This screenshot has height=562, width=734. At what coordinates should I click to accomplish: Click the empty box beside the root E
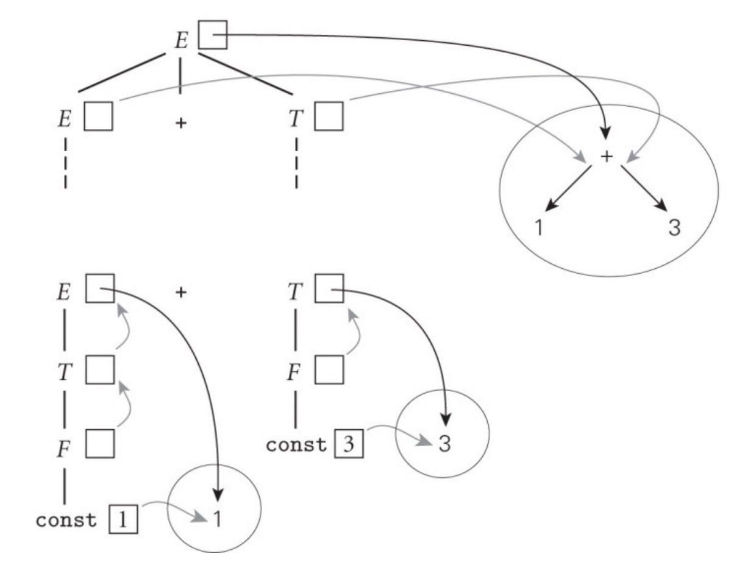pyautogui.click(x=213, y=35)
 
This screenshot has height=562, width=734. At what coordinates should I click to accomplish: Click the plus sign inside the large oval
pyautogui.click(x=606, y=157)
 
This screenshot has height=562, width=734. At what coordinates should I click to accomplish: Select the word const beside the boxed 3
pyautogui.click(x=297, y=444)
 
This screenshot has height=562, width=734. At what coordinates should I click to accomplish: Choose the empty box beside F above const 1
pyautogui.click(x=99, y=444)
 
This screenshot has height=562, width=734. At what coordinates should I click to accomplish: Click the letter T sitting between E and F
pyautogui.click(x=66, y=369)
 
